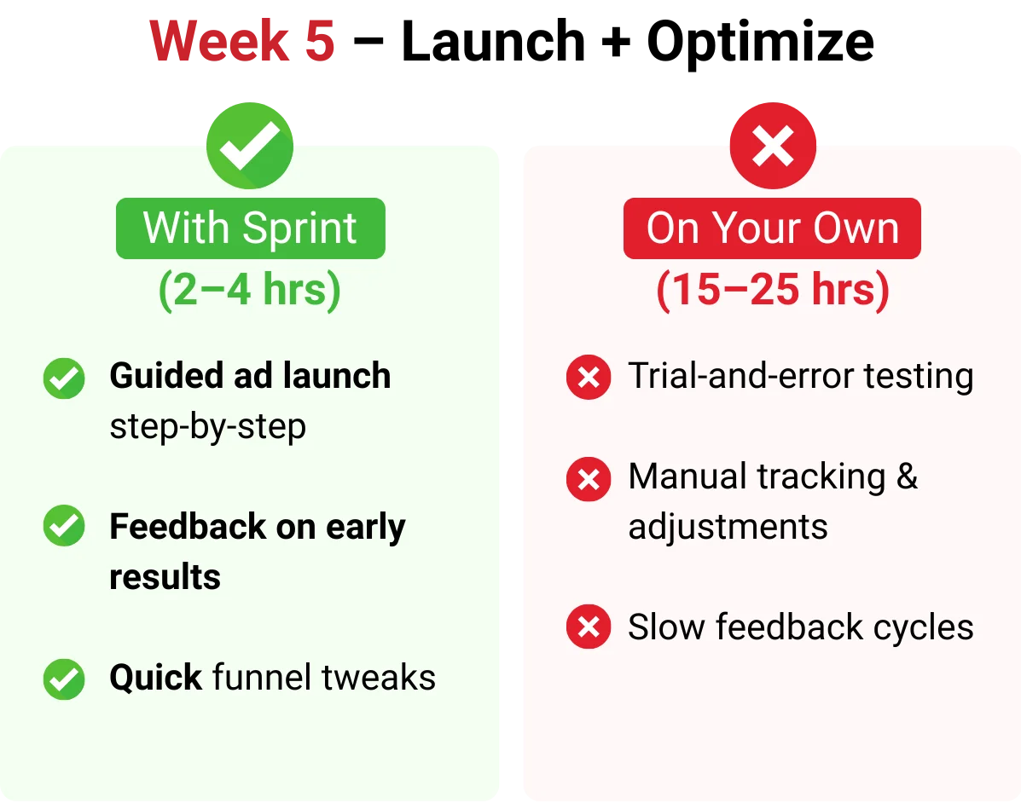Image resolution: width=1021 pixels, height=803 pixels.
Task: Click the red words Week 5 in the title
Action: (242, 41)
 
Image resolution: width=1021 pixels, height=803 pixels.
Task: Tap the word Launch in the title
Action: (494, 41)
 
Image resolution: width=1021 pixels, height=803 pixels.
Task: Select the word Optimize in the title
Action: (760, 43)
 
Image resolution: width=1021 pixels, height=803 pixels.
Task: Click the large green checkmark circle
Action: (250, 146)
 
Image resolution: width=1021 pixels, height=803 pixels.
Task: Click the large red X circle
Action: (773, 146)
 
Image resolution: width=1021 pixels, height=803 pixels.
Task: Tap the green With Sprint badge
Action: (251, 228)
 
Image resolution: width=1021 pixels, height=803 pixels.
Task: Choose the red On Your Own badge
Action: (772, 228)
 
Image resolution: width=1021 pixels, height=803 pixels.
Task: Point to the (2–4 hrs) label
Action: (250, 290)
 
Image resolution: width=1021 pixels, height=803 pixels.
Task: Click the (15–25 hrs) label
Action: (773, 290)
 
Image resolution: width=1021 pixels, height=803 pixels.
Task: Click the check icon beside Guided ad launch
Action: (64, 378)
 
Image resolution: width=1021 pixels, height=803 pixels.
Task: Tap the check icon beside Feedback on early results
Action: (64, 525)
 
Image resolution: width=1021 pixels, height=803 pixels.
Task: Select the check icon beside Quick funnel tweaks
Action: (64, 679)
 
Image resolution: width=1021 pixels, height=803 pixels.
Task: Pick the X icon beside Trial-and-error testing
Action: (589, 377)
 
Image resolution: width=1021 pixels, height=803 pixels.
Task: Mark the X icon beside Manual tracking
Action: (589, 480)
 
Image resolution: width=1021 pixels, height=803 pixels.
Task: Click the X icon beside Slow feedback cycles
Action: (589, 627)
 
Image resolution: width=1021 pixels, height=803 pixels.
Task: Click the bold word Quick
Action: (156, 678)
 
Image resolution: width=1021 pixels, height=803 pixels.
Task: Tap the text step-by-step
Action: (208, 428)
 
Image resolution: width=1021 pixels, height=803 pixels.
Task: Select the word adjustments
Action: (728, 528)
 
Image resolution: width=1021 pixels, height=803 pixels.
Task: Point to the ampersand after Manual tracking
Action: (907, 477)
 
